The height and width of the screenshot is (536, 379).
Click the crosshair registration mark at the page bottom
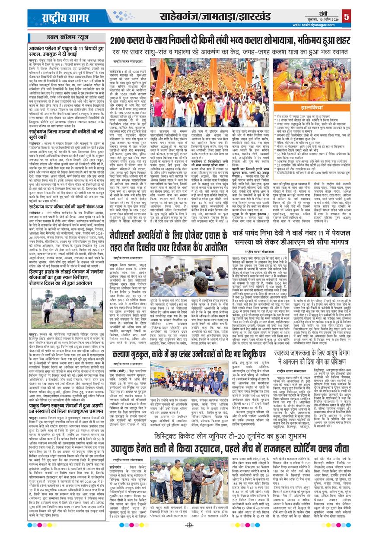(x=189, y=525)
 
